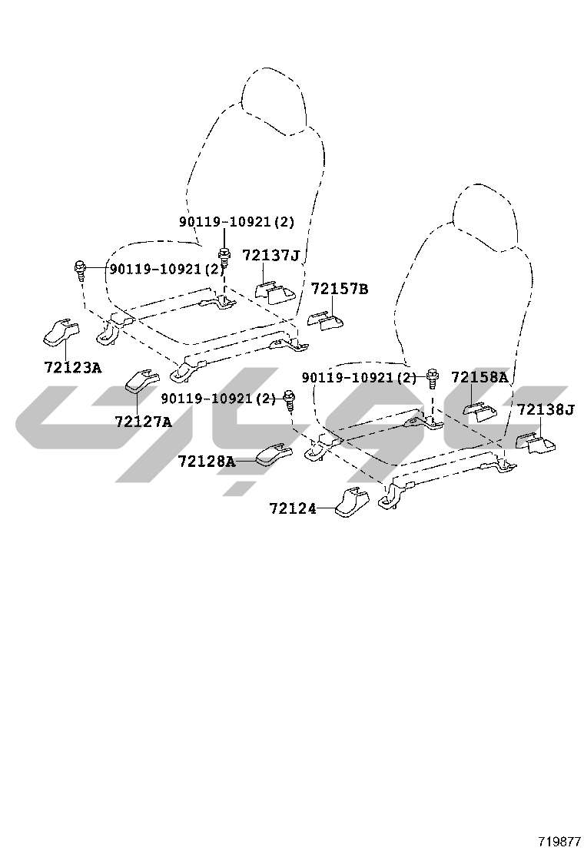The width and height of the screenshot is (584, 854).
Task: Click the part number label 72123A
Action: coord(72,368)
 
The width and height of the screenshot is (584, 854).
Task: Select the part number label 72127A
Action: coord(143,422)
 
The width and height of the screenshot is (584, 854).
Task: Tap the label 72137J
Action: coord(270,255)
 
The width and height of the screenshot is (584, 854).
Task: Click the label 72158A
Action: coord(479,376)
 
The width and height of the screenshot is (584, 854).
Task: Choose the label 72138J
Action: coord(546,409)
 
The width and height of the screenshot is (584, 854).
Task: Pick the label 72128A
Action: coord(207,462)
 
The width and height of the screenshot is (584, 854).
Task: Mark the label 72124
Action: coord(293,508)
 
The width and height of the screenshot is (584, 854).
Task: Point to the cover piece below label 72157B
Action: coord(325,321)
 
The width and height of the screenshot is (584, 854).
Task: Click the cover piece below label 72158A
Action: coord(479,412)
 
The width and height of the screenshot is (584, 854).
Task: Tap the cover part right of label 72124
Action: coord(351,502)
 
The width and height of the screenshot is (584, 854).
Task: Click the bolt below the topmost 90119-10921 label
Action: coord(224,256)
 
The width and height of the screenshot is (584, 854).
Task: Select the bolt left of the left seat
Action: coord(80,270)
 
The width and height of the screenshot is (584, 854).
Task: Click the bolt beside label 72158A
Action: coord(433,378)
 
